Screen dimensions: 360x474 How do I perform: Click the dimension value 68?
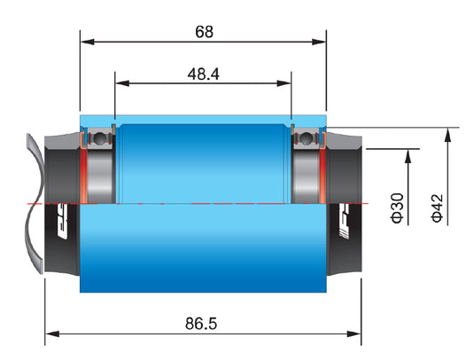tap(204, 32)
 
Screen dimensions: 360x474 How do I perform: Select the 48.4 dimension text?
tap(203, 74)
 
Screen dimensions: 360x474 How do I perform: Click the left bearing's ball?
tap(99, 139)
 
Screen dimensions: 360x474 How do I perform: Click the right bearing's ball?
tap(307, 139)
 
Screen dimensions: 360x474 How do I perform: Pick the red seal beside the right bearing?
tap(325, 173)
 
